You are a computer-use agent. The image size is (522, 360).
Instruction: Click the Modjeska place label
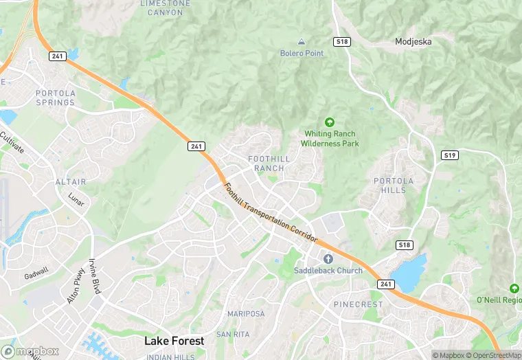pyautogui.click(x=413, y=41)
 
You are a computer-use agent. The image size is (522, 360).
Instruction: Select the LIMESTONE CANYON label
pyautogui.click(x=166, y=8)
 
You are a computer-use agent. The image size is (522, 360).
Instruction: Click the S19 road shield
pyautogui.click(x=450, y=156)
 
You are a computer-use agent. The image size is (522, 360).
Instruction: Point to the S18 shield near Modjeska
pyautogui.click(x=342, y=42)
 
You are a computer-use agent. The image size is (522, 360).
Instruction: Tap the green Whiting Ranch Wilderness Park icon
pyautogui.click(x=330, y=122)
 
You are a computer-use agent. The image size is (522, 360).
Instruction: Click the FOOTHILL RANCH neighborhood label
pyautogui.click(x=269, y=164)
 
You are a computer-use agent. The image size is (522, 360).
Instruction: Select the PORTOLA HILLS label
pyautogui.click(x=394, y=185)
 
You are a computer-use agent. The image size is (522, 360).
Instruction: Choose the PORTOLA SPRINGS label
pyautogui.click(x=55, y=98)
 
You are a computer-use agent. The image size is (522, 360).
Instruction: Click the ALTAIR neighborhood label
pyautogui.click(x=71, y=182)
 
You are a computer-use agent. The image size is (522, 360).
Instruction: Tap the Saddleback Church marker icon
pyautogui.click(x=328, y=258)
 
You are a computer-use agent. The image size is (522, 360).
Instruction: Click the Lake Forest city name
pyautogui.click(x=174, y=341)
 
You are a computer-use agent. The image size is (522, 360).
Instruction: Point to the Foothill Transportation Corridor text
pyautogui.click(x=271, y=212)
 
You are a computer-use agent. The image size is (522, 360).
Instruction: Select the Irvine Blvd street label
pyautogui.click(x=95, y=276)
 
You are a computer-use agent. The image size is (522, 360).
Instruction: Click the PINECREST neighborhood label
pyautogui.click(x=358, y=304)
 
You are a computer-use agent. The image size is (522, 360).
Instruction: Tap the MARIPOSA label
pyautogui.click(x=246, y=314)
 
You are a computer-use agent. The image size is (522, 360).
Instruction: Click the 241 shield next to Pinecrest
pyautogui.click(x=387, y=283)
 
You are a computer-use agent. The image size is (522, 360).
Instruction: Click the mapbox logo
pyautogui.click(x=30, y=350)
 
